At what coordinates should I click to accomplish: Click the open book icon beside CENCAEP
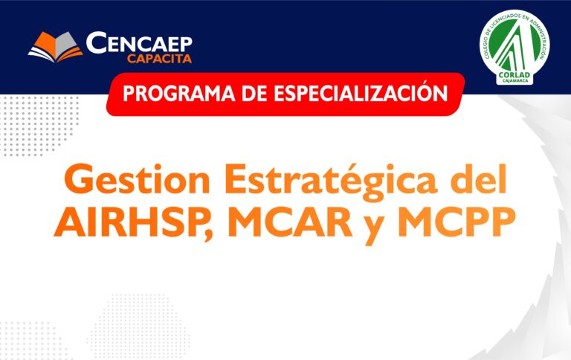click(55, 47)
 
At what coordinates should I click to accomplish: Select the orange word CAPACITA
click(160, 58)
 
